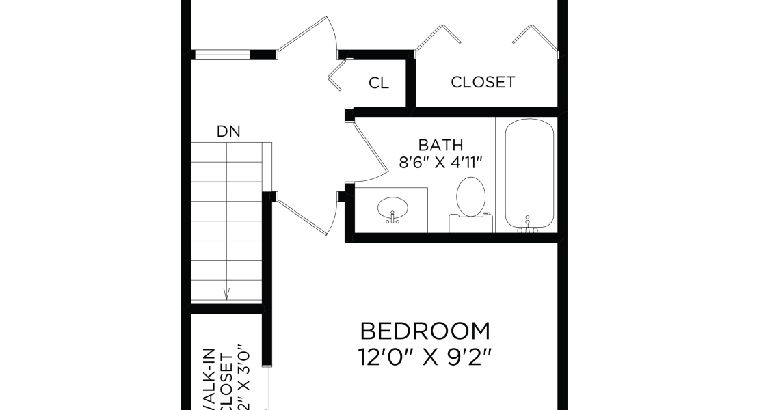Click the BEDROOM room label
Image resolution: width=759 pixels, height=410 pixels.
[425, 331]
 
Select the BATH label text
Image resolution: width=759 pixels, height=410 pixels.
[440, 145]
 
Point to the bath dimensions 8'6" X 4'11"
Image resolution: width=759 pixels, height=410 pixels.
[441, 163]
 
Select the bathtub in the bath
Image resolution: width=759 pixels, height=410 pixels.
[529, 174]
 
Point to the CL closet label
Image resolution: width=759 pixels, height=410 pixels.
[379, 83]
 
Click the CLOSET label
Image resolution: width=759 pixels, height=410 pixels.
[483, 83]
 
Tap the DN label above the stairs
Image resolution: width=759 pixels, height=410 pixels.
[228, 132]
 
